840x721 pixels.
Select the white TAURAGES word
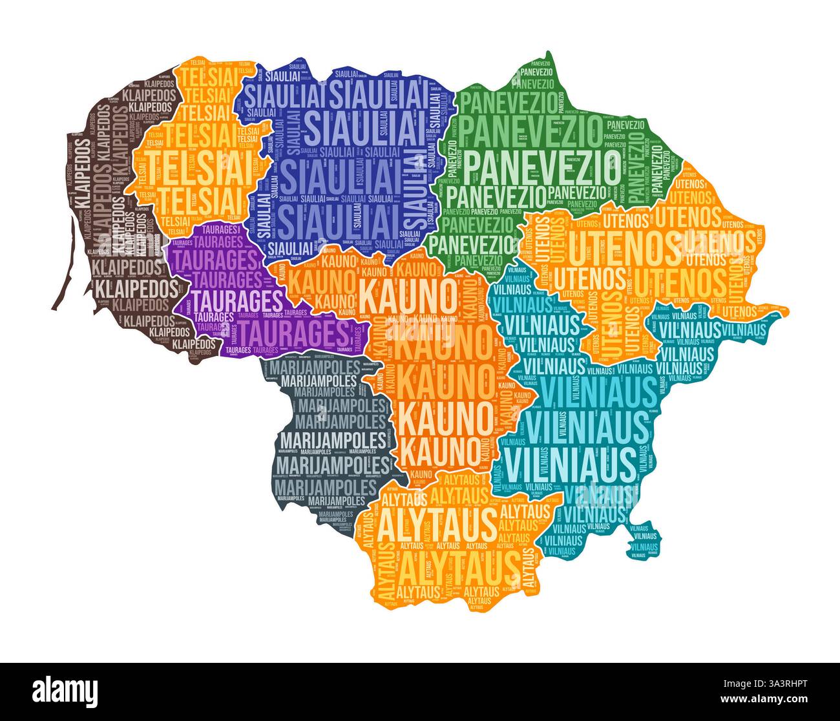click(x=238, y=300)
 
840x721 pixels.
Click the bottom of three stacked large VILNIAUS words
click(x=569, y=461)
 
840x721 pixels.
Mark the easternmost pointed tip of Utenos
click(x=788, y=311)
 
